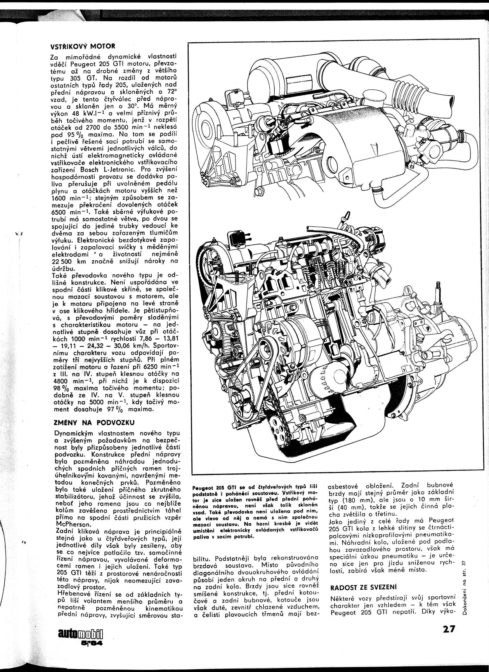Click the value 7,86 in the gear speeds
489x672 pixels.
142,339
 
